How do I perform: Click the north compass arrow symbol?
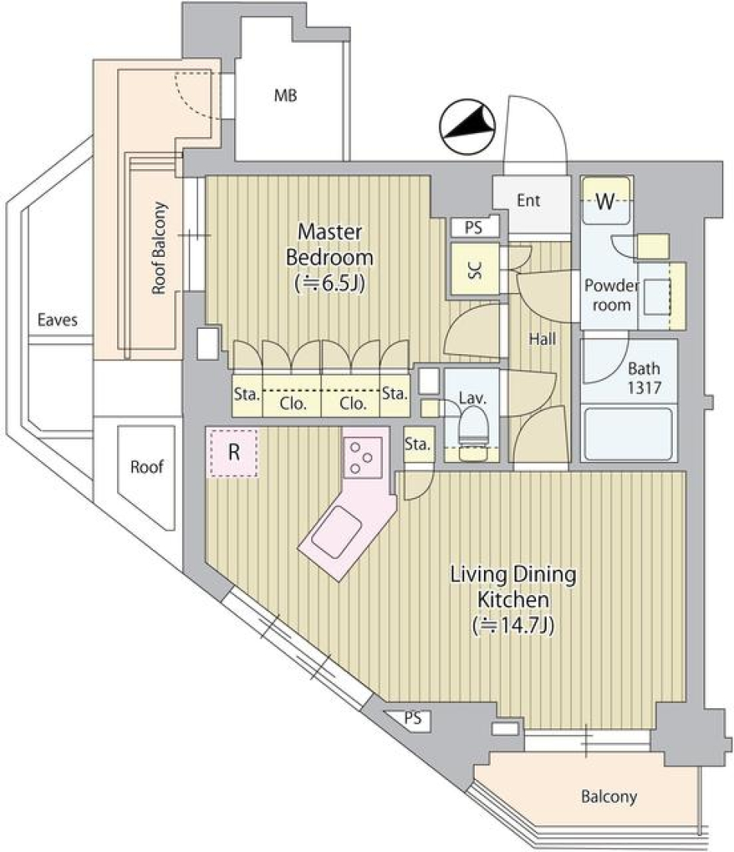click(x=468, y=127)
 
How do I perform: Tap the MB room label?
click(x=286, y=96)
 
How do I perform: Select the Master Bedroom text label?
click(x=330, y=245)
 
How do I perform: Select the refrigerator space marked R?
click(x=233, y=453)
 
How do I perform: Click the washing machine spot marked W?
click(x=606, y=201)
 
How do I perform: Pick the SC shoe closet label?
click(x=474, y=270)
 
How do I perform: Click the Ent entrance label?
click(x=528, y=201)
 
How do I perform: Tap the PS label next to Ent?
click(x=474, y=227)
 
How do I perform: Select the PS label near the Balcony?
click(x=413, y=719)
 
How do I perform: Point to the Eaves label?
click(x=57, y=320)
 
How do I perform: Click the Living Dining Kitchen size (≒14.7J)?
click(x=512, y=625)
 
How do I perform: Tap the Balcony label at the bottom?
click(x=609, y=797)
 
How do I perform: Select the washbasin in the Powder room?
click(x=656, y=294)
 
